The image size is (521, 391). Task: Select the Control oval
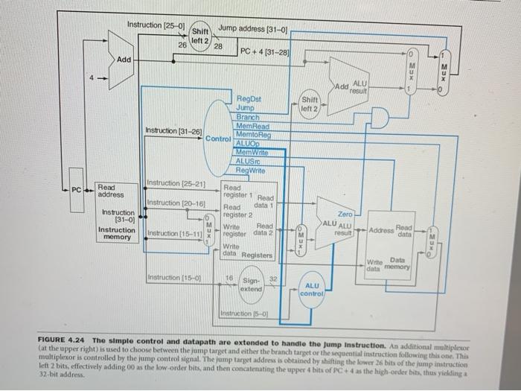coord(217,138)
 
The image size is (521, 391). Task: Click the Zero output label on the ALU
coord(345,214)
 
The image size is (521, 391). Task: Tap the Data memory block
coord(394,238)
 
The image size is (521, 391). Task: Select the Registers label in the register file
coord(258,255)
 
